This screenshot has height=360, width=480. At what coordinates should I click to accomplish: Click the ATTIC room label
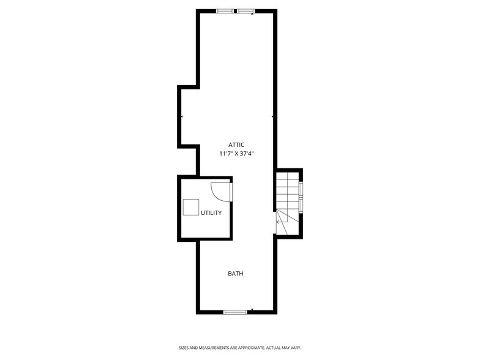click(x=236, y=144)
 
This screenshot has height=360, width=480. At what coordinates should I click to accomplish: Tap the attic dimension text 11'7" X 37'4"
click(x=236, y=154)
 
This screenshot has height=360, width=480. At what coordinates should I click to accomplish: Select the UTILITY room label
click(x=211, y=213)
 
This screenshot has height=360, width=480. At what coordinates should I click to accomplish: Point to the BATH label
click(x=236, y=274)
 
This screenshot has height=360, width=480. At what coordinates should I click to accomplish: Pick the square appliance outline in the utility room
click(x=190, y=207)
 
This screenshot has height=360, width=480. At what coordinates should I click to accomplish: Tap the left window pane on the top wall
click(x=225, y=10)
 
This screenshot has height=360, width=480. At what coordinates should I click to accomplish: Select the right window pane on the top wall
click(x=246, y=10)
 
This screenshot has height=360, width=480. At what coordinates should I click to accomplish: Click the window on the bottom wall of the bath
click(x=234, y=312)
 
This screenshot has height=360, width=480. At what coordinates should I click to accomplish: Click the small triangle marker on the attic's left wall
click(x=182, y=116)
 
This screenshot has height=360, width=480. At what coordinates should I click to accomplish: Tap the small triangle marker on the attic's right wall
click(x=272, y=116)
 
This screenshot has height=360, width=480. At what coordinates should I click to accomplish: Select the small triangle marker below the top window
click(x=252, y=15)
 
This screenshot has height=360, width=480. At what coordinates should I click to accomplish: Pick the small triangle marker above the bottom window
click(x=252, y=309)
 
